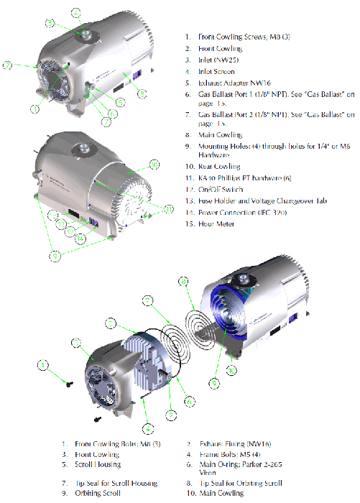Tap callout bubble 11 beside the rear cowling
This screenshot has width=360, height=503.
click(x=169, y=209)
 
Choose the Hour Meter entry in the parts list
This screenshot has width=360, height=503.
click(x=211, y=224)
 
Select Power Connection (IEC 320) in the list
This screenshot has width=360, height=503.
click(x=237, y=213)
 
